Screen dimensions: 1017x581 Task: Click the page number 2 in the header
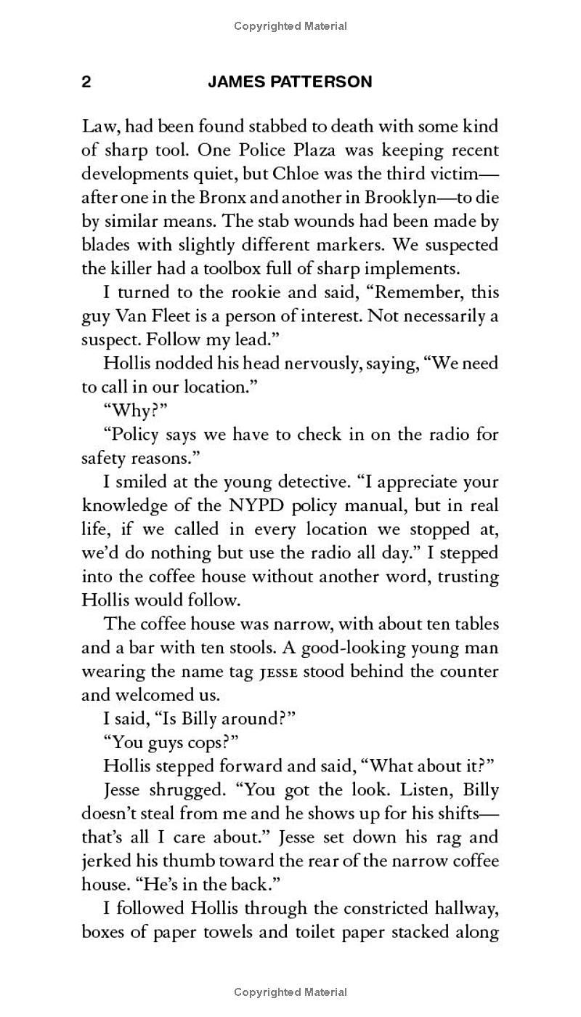point(86,82)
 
